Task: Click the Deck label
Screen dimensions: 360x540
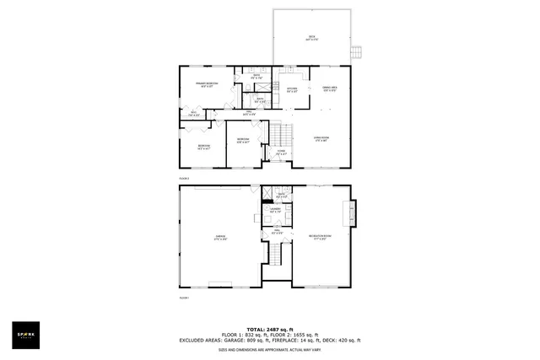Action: tap(311, 38)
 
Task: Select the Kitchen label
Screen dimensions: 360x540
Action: tap(292, 89)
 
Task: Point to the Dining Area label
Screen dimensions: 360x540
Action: tap(330, 89)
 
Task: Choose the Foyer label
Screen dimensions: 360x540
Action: tap(281, 153)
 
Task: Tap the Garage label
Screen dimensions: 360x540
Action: tap(221, 238)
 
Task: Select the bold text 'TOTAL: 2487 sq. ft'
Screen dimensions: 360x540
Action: tap(269, 329)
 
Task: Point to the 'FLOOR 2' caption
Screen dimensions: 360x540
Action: tap(184, 179)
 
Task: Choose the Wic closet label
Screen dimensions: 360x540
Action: tap(193, 114)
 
